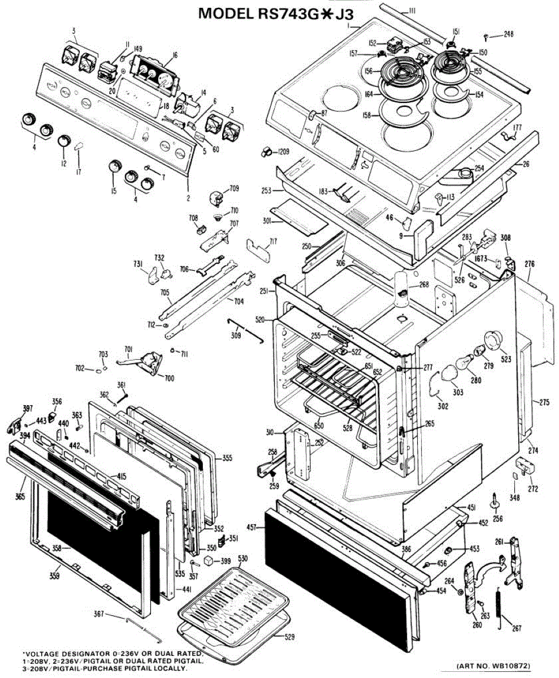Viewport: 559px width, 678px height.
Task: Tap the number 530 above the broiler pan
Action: [x=242, y=558]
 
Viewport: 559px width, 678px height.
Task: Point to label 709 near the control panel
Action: [x=234, y=189]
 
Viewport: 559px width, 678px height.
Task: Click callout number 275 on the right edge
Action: [x=544, y=403]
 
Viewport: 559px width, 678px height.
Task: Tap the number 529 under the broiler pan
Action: [x=289, y=637]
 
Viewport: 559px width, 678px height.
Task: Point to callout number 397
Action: [x=12, y=408]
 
